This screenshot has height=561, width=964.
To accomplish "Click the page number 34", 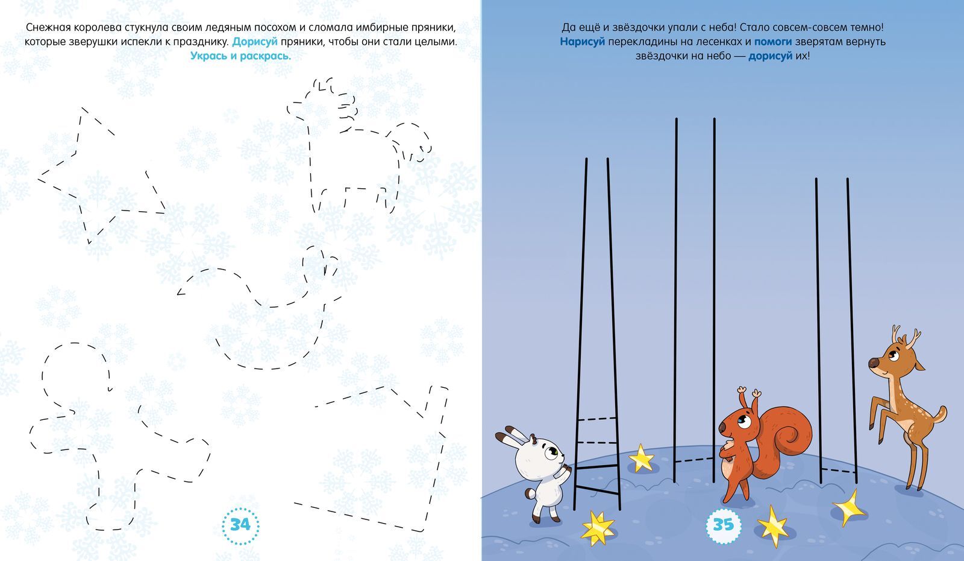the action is click(x=240, y=524).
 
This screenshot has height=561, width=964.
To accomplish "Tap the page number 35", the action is click(x=724, y=524).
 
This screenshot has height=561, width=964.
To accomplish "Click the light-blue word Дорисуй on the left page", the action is click(x=255, y=42).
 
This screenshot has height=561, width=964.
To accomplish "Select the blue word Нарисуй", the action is click(x=582, y=42).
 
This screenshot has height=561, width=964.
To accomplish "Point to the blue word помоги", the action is click(x=773, y=42).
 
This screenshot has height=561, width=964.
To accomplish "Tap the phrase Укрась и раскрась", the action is click(x=240, y=56).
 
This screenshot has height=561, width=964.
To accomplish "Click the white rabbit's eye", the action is click(x=551, y=453).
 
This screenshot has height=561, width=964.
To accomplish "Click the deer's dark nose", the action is click(x=873, y=363).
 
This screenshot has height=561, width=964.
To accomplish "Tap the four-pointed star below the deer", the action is click(x=848, y=507).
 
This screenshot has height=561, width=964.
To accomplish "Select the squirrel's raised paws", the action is click(x=749, y=393).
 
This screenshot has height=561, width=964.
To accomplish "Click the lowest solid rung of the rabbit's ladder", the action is click(x=597, y=490).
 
